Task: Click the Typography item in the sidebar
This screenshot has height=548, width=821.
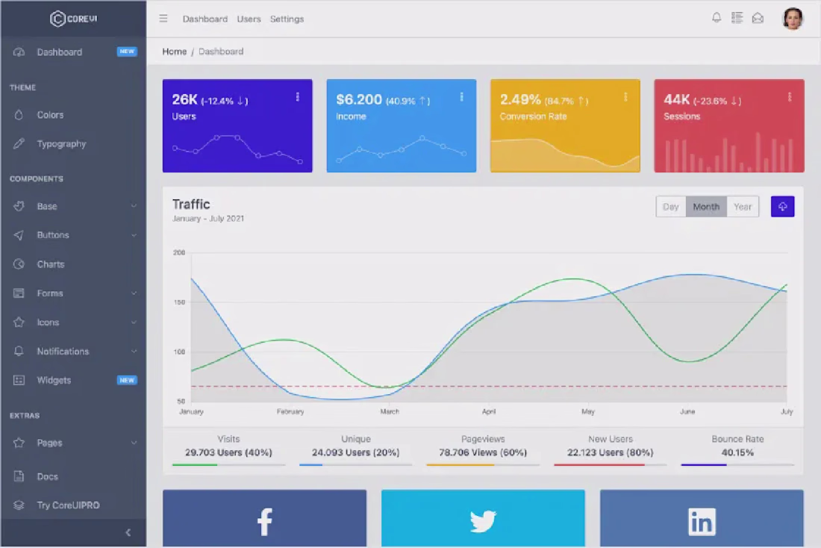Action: (x=61, y=144)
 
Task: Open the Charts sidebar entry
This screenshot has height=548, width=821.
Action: (x=50, y=264)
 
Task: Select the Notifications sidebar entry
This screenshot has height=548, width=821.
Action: (x=63, y=352)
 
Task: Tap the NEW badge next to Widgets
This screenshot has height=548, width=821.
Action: (x=127, y=380)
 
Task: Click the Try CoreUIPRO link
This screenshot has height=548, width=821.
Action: (x=68, y=505)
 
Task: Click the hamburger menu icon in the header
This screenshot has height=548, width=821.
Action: (x=163, y=19)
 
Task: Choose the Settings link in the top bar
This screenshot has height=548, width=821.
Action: (x=287, y=19)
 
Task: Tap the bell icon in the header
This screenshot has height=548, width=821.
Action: (x=717, y=18)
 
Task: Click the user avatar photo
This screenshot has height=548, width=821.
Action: (x=793, y=19)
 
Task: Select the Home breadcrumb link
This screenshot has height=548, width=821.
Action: (x=175, y=52)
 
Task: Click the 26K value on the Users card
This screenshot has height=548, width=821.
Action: (x=184, y=99)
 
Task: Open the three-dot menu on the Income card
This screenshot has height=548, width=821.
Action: (x=461, y=97)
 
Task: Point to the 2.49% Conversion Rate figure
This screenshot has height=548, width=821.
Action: (x=520, y=99)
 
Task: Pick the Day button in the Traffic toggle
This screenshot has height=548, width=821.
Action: (x=671, y=207)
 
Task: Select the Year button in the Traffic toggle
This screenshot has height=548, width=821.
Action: (x=743, y=207)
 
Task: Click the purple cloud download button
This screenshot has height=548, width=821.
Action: (x=782, y=207)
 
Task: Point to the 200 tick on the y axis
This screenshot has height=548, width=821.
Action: (x=179, y=252)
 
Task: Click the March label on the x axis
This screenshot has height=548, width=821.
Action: (x=390, y=411)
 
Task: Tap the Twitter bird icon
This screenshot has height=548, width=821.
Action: (x=483, y=521)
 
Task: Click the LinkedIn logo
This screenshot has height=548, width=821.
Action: (x=702, y=521)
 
